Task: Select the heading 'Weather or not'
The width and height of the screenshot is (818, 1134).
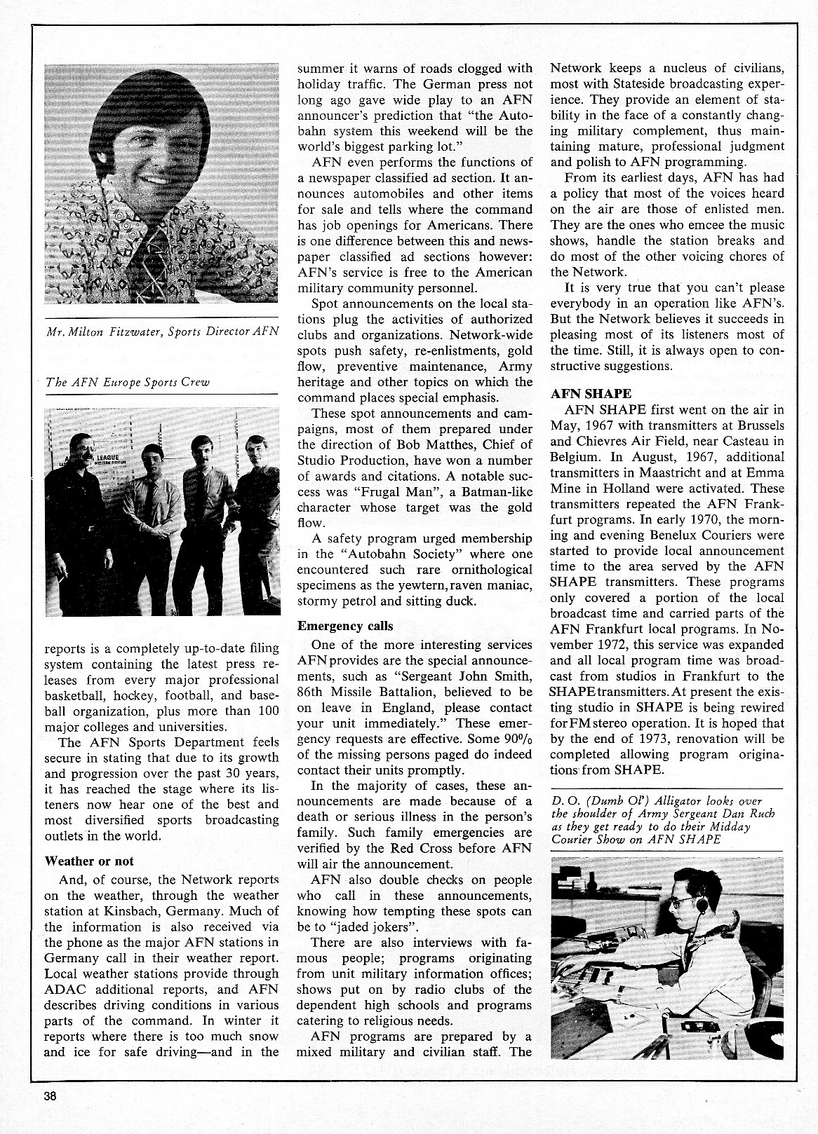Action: click(88, 861)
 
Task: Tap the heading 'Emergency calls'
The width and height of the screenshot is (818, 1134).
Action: click(345, 626)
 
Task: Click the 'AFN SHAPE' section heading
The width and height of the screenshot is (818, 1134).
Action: click(591, 393)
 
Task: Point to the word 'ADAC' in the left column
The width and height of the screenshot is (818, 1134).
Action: click(65, 990)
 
